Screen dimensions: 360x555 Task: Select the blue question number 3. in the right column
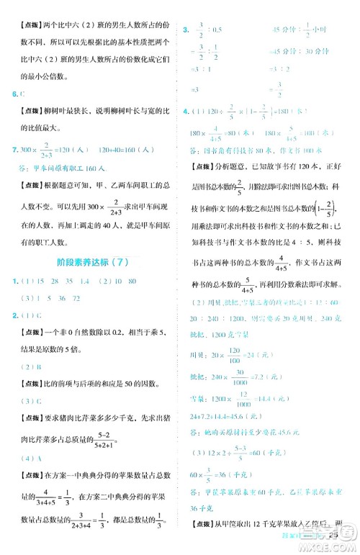tap(186, 30)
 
